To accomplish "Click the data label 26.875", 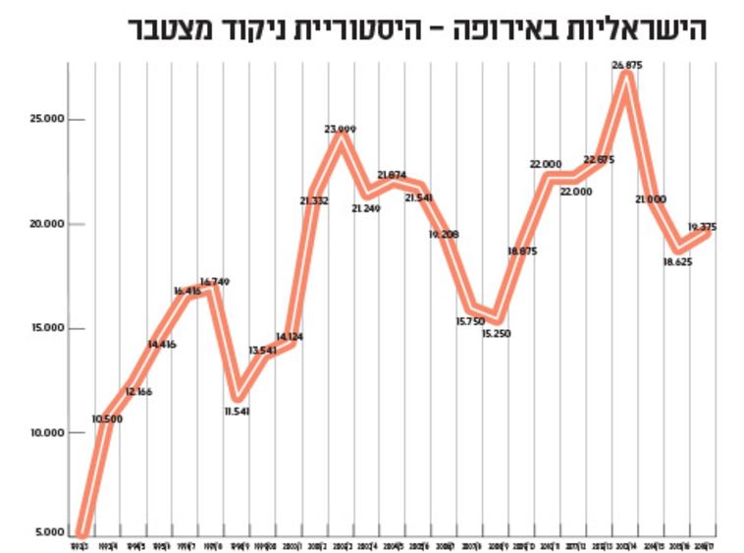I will pyautogui.click(x=627, y=65).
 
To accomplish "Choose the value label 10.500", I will pyautogui.click(x=107, y=418).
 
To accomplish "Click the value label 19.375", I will pyautogui.click(x=702, y=227).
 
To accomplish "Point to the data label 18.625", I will pyautogui.click(x=677, y=263).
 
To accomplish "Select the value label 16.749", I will pyautogui.click(x=214, y=283).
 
